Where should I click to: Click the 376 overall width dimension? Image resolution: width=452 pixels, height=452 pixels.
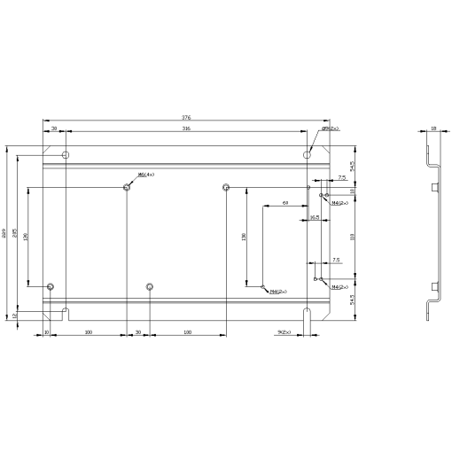[x=186, y=117]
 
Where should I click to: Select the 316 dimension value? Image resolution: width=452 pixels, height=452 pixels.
[x=186, y=129]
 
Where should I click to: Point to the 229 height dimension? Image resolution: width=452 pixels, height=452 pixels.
[x=4, y=233]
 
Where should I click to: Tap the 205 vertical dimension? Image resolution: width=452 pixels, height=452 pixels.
[x=14, y=233]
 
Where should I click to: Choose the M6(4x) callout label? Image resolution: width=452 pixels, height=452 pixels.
[x=146, y=175]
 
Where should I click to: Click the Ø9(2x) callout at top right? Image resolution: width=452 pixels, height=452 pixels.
[x=331, y=129]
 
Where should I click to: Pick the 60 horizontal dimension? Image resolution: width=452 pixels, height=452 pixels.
[x=285, y=203]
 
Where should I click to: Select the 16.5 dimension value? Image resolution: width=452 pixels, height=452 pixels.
[x=315, y=216]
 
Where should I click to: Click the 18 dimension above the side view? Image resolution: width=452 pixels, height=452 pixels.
[x=433, y=129]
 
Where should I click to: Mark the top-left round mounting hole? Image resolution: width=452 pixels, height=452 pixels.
[x=65, y=155]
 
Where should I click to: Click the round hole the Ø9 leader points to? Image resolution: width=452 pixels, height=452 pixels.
[x=307, y=155]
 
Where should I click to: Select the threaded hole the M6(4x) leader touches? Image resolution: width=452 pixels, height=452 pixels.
[x=128, y=187]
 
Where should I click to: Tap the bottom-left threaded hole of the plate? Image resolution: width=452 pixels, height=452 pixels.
[x=51, y=286]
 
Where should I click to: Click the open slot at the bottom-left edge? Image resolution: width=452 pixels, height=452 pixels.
[x=66, y=311]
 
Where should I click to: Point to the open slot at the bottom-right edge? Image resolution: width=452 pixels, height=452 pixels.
[x=307, y=313]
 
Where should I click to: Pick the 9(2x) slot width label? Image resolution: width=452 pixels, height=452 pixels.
[x=285, y=332]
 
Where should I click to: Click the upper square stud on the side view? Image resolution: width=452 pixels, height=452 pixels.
[x=435, y=187]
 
